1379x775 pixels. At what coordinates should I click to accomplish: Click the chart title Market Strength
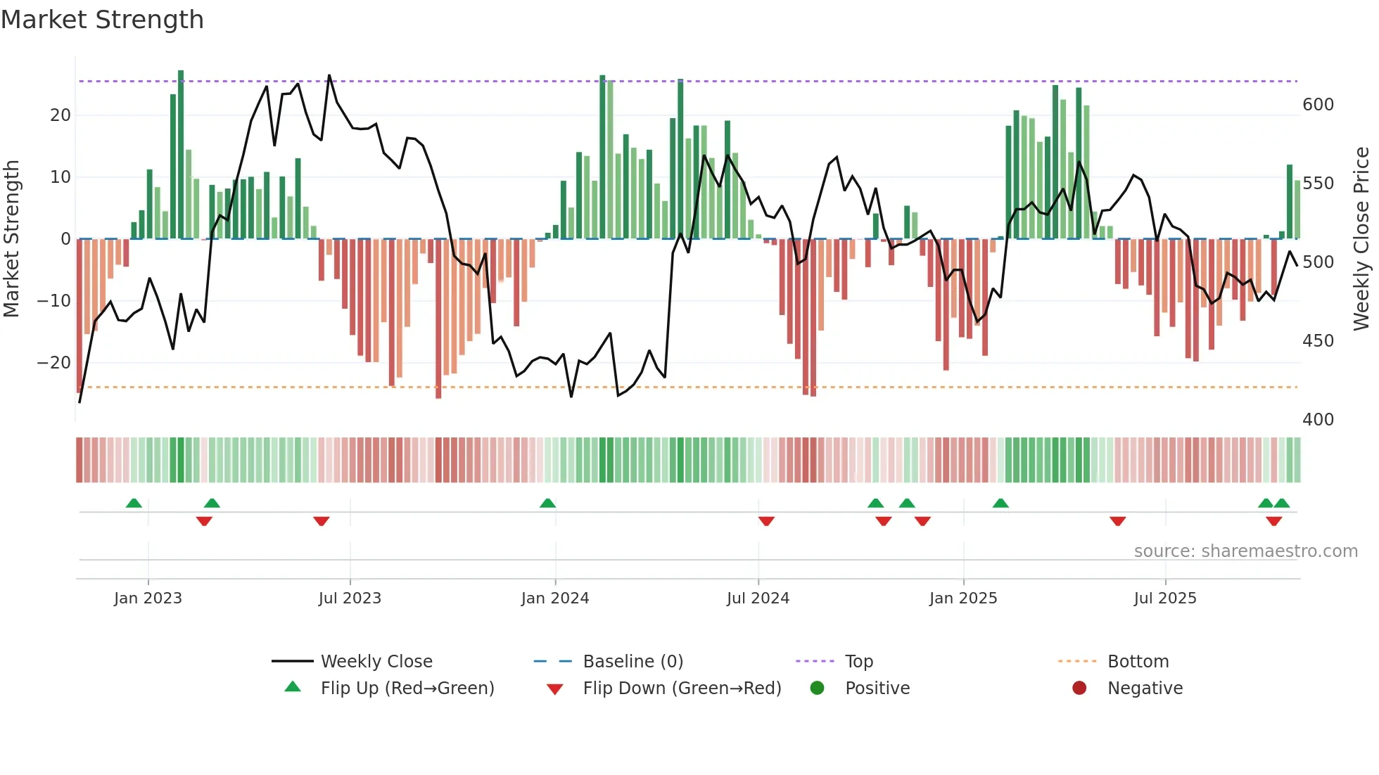point(102,20)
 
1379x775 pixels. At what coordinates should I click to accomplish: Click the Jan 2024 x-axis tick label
point(555,598)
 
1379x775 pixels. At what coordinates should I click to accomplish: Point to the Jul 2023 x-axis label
point(350,598)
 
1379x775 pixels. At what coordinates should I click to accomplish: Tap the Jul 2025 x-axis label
point(1165,598)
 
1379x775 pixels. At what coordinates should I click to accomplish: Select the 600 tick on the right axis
point(1318,105)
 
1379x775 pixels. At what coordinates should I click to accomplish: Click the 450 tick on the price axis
point(1318,341)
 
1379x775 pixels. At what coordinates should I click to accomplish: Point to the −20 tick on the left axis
point(54,363)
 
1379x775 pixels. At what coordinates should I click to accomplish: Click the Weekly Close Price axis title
point(1361,239)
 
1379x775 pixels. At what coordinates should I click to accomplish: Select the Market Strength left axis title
point(11,239)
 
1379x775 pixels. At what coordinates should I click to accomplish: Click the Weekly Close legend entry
point(376,662)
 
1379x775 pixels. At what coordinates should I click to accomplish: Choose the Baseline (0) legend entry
point(633,662)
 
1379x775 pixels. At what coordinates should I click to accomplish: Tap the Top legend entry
point(858,662)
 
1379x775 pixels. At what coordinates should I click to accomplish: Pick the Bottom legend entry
point(1138,662)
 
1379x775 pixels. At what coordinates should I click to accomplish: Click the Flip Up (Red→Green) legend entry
point(407,688)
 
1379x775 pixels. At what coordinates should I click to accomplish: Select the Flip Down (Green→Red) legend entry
point(682,688)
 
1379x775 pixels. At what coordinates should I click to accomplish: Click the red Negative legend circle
point(1079,688)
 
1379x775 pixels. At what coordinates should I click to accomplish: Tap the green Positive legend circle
point(817,688)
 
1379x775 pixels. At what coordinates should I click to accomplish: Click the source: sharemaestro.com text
point(1245,551)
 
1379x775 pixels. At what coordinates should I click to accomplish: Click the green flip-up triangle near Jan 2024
point(547,503)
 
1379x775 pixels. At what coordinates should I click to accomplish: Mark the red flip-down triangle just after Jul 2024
point(766,521)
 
